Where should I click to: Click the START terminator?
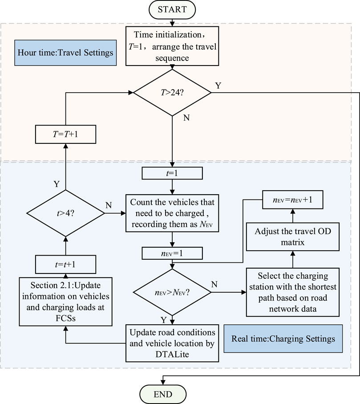[x=172, y=9]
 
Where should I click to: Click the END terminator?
[x=163, y=394]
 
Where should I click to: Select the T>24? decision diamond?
[x=172, y=93]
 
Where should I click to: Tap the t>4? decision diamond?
[x=65, y=213]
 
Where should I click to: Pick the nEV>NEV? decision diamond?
[x=172, y=293]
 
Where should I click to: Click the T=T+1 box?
[x=65, y=134]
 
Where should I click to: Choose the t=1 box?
[x=172, y=173]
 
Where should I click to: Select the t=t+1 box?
[x=65, y=264]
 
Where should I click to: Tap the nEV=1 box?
[x=172, y=253]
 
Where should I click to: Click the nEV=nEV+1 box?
[x=292, y=200]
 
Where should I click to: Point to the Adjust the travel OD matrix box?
[x=292, y=237]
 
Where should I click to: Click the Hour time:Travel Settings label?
[x=65, y=53]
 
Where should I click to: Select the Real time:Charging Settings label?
[x=283, y=339]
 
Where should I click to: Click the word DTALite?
[x=172, y=354]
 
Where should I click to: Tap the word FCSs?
[x=65, y=318]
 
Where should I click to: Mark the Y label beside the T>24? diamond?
[x=218, y=86]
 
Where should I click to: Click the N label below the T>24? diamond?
[x=186, y=118]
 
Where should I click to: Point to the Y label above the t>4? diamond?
[x=57, y=184]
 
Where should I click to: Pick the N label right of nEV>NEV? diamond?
[x=214, y=284]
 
